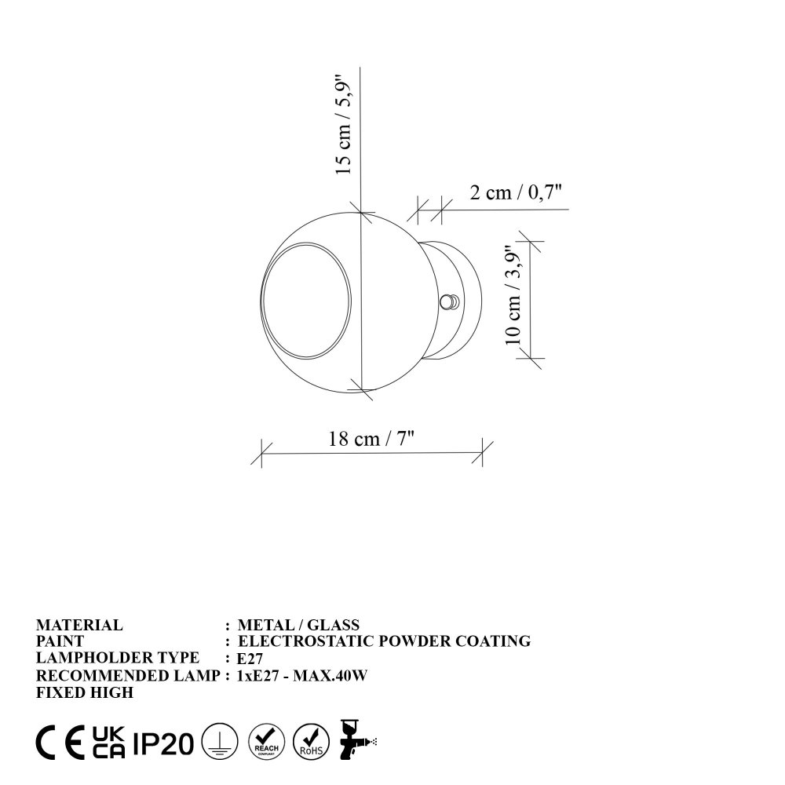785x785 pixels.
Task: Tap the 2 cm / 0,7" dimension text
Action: pos(517,193)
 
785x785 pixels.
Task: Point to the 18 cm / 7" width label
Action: pos(371,439)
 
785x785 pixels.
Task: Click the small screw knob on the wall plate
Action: pos(450,301)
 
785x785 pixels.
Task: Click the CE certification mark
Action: pos(60,741)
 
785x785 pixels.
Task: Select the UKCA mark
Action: pos(108,741)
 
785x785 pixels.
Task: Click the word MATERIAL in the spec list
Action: pos(79,626)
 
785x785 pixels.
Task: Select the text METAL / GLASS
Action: pos(298,626)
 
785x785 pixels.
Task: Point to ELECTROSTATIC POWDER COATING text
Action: pos(384,641)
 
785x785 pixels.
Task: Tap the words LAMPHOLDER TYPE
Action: pos(118,658)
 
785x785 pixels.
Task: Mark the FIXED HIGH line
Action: pos(85,692)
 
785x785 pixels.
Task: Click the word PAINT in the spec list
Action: pos(60,641)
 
